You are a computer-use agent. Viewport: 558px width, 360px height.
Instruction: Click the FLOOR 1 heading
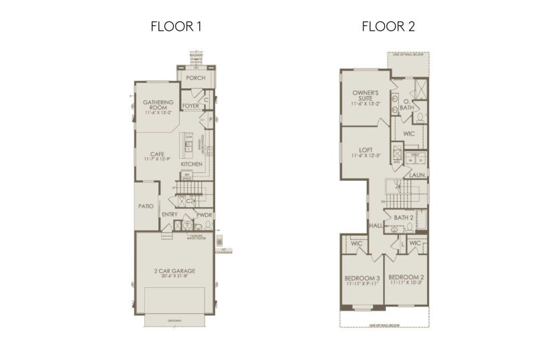click(x=176, y=27)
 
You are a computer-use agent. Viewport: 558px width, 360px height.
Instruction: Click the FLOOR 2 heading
click(x=384, y=27)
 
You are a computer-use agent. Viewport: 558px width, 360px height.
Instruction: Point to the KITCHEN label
click(x=191, y=164)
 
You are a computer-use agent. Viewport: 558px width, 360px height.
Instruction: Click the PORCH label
click(x=195, y=78)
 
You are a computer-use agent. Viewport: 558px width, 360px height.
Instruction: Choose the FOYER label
click(x=191, y=106)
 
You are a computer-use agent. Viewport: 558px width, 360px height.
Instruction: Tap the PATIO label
click(x=146, y=206)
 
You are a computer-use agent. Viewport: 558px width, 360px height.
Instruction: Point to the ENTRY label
click(x=170, y=214)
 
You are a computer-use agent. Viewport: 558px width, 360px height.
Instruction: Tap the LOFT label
click(x=365, y=150)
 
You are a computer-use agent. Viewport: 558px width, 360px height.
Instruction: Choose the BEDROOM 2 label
click(x=406, y=277)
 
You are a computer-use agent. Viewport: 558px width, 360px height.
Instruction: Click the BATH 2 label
click(x=403, y=218)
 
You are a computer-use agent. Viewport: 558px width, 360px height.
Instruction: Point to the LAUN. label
click(x=418, y=176)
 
